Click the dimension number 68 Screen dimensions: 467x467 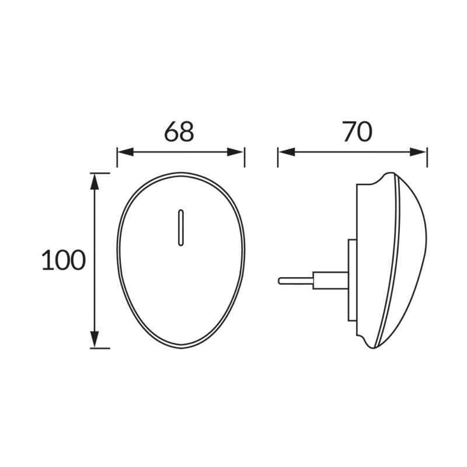click(179, 131)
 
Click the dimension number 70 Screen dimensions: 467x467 click(357, 131)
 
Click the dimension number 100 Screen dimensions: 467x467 click(64, 260)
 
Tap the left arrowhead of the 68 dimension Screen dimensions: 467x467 click(126, 152)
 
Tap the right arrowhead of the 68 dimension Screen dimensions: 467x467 click(235, 152)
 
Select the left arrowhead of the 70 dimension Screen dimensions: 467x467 click(287, 152)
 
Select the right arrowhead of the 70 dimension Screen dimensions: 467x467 click(418, 152)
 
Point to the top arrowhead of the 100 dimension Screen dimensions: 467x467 click(95, 182)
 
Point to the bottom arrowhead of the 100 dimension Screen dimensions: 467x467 click(95, 339)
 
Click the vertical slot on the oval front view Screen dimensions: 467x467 click(180, 228)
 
